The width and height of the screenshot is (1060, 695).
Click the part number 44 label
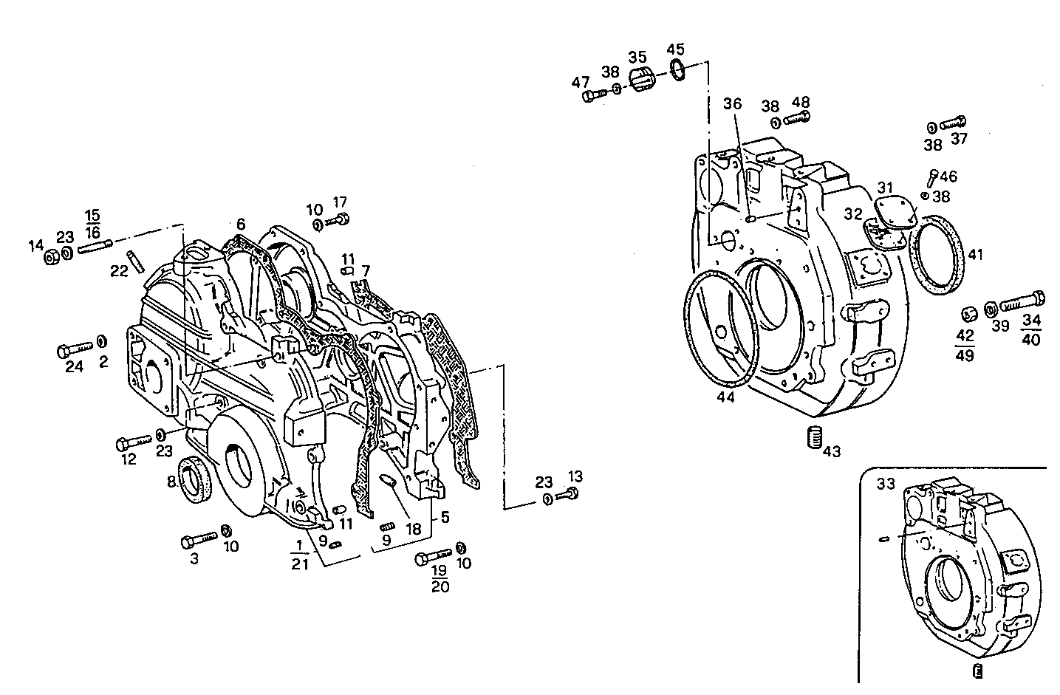(x=725, y=397)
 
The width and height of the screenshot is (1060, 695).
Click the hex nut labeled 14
(x=52, y=257)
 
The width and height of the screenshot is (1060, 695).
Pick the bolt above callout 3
(x=198, y=541)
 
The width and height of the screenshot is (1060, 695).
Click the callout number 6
(x=240, y=224)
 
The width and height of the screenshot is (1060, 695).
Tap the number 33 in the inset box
(x=885, y=484)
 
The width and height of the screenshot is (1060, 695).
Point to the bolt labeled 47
(x=593, y=95)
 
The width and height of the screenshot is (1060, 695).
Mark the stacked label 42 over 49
(x=964, y=345)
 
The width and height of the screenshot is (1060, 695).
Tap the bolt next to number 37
(x=954, y=123)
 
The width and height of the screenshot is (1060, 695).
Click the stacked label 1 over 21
(x=298, y=555)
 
